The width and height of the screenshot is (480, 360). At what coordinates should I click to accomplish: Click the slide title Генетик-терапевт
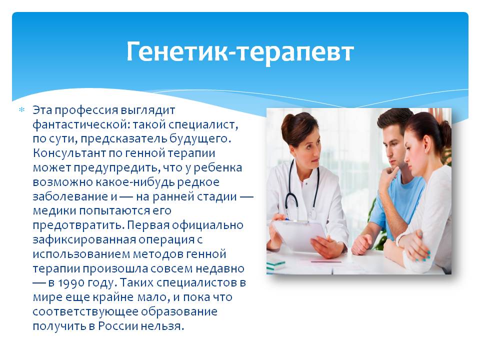click(x=240, y=52)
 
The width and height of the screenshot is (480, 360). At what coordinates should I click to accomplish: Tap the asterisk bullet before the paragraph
click(x=21, y=109)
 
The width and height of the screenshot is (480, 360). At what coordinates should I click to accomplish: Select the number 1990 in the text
click(x=68, y=282)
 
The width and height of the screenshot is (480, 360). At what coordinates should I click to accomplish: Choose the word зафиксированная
click(x=84, y=239)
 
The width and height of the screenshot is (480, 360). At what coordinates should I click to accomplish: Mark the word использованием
click(x=81, y=254)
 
